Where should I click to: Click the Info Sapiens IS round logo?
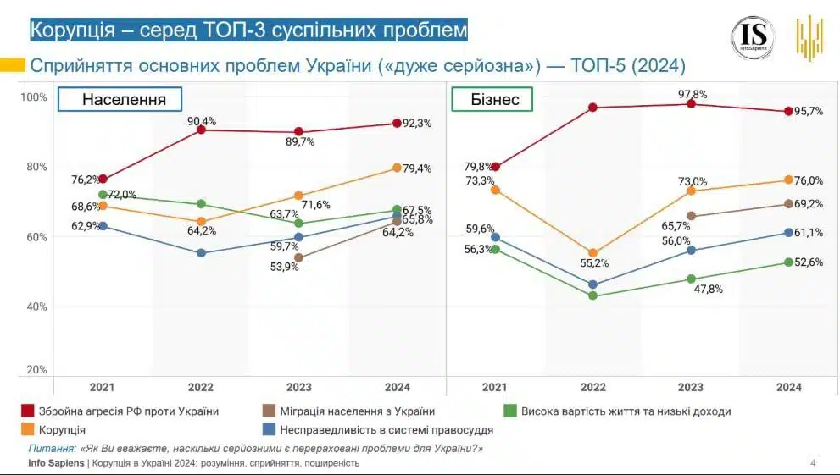[x=754, y=37]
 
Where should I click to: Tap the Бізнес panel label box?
[x=503, y=100]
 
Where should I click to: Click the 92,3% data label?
[x=416, y=123]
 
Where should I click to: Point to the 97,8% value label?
[x=692, y=94]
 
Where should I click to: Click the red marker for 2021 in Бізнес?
[x=496, y=167]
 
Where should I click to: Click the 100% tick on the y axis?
[x=35, y=97]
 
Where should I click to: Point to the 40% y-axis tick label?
[x=35, y=306]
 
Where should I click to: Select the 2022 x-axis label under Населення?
[x=201, y=387]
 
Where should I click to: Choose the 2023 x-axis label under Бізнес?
[x=691, y=387]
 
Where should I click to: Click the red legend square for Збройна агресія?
[x=27, y=411]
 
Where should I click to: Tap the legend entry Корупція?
[x=61, y=430]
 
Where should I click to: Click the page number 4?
[x=813, y=462]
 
